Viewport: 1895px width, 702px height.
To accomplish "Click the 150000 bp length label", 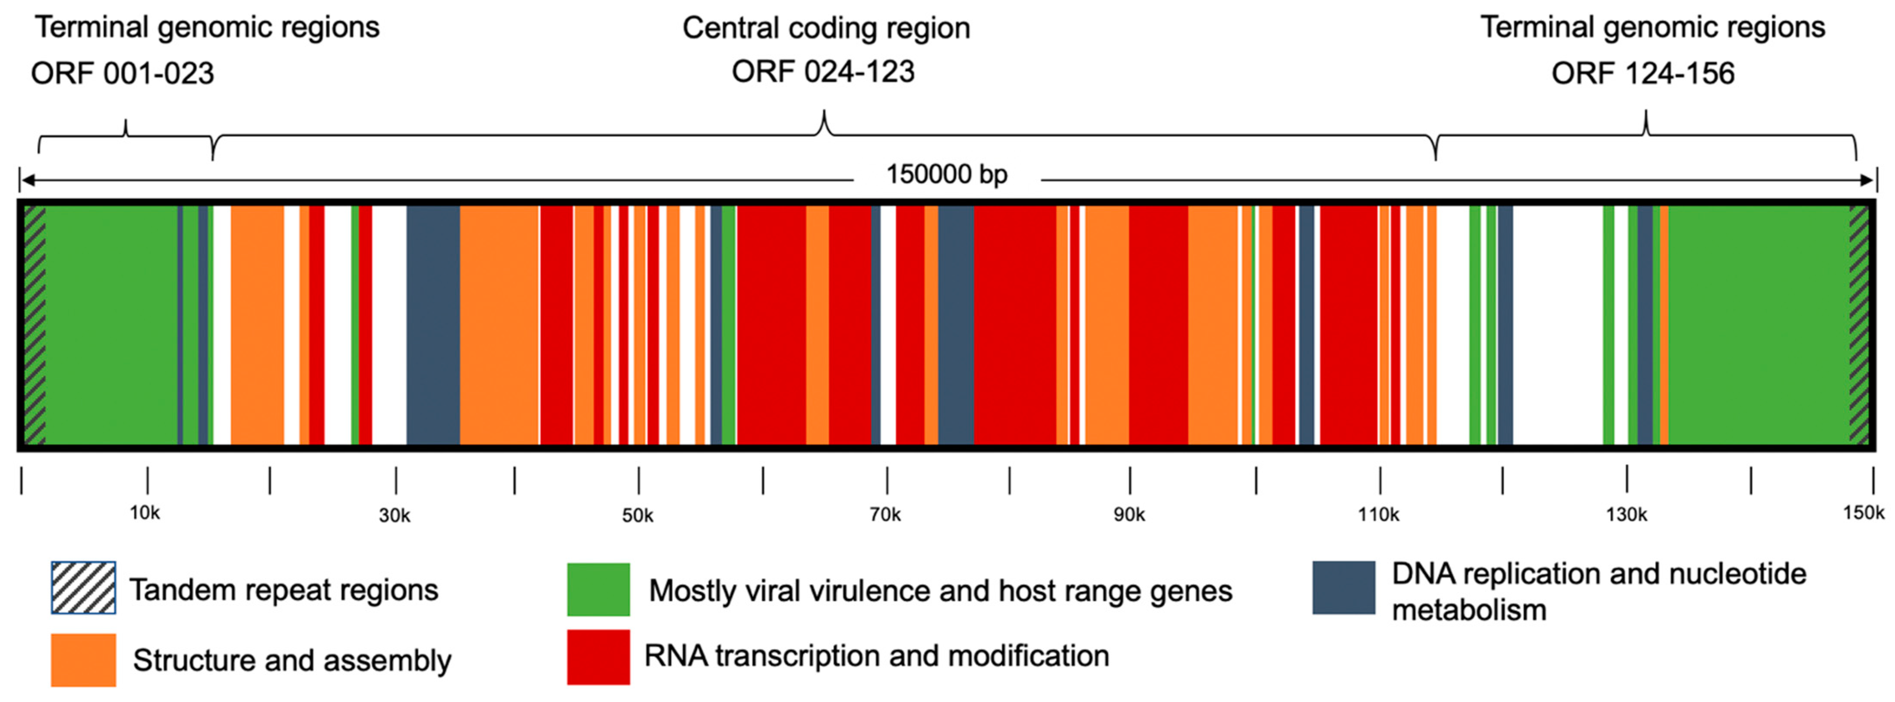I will click(946, 175).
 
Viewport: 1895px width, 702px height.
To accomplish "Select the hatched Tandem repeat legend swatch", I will click(83, 587).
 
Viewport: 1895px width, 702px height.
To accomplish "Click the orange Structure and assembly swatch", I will click(83, 659).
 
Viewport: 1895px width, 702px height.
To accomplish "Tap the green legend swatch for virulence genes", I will click(598, 589).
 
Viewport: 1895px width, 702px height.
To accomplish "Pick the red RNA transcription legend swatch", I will click(598, 656).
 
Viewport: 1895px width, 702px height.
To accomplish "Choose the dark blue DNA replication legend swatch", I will click(1343, 587).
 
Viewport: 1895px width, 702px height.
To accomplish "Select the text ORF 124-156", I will click(1642, 73).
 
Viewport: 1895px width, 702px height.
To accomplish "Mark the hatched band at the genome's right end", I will click(1858, 325).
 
